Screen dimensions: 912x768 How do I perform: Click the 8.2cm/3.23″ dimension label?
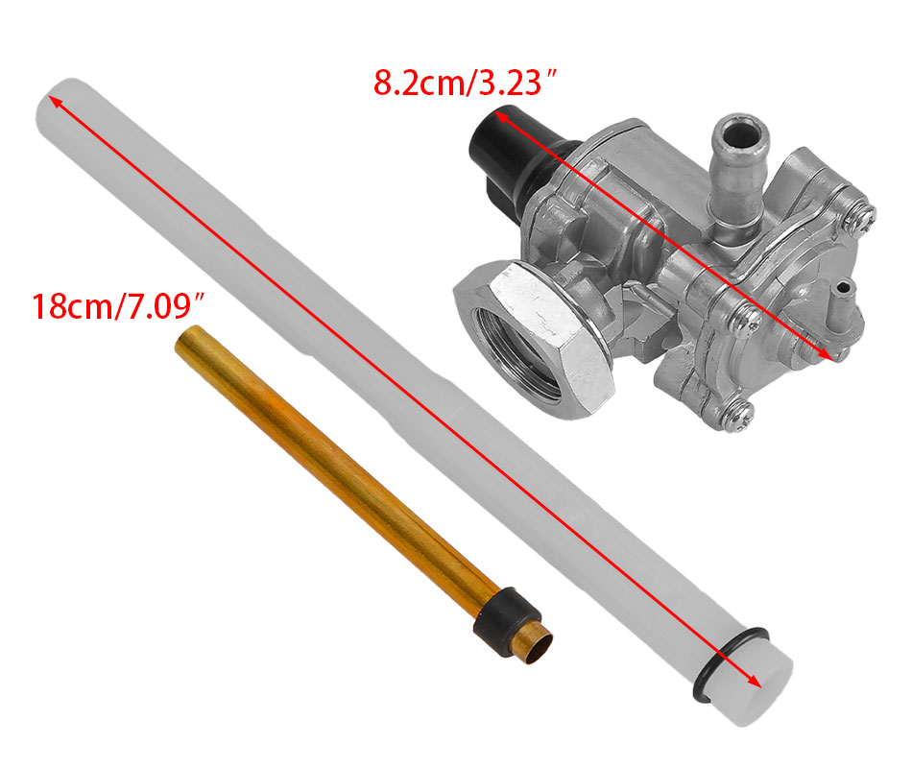(466, 82)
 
